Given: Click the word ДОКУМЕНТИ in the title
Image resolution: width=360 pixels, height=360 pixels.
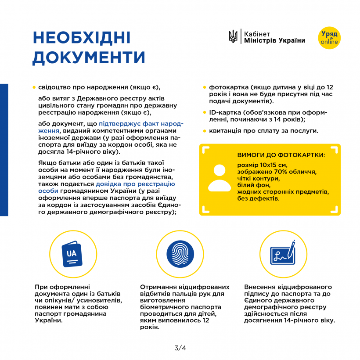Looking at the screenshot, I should (x=89, y=58).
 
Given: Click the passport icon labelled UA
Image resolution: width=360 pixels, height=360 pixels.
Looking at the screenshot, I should (x=72, y=253).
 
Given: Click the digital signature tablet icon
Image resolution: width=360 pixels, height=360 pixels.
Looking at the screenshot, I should (x=282, y=253).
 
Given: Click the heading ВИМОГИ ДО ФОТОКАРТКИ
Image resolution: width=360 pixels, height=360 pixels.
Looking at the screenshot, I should (x=281, y=155).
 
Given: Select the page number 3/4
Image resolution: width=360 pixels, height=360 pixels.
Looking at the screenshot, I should (x=180, y=348).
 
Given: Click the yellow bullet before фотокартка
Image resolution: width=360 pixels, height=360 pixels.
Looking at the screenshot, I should (x=205, y=87).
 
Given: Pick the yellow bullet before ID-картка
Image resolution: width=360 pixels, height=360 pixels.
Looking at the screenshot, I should (x=205, y=113).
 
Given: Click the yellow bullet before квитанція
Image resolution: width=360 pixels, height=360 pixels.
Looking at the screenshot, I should (x=205, y=131).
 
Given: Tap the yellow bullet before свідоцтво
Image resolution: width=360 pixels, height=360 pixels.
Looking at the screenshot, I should (x=34, y=87).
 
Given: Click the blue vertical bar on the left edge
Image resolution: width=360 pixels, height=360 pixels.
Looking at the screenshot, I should (x=4, y=149).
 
